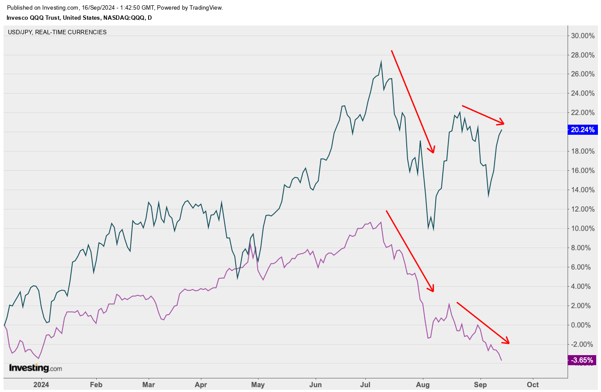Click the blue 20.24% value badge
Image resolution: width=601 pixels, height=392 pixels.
(583, 130)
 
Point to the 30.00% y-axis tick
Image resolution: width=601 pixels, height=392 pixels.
(583, 36)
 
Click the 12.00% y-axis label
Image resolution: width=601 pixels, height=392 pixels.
(583, 209)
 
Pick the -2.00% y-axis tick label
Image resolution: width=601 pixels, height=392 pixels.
(583, 345)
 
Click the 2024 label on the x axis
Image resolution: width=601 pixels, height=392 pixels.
(41, 385)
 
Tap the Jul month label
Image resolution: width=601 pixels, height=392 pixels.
(365, 385)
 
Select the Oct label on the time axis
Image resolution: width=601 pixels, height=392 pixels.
(533, 385)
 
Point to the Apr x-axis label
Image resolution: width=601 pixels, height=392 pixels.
(201, 385)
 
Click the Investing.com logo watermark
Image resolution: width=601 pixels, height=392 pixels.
(36, 368)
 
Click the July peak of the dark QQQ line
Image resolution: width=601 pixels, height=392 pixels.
(381, 61)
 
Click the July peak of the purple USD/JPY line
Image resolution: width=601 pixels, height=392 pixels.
(381, 222)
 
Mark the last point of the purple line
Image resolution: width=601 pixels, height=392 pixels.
(502, 360)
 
